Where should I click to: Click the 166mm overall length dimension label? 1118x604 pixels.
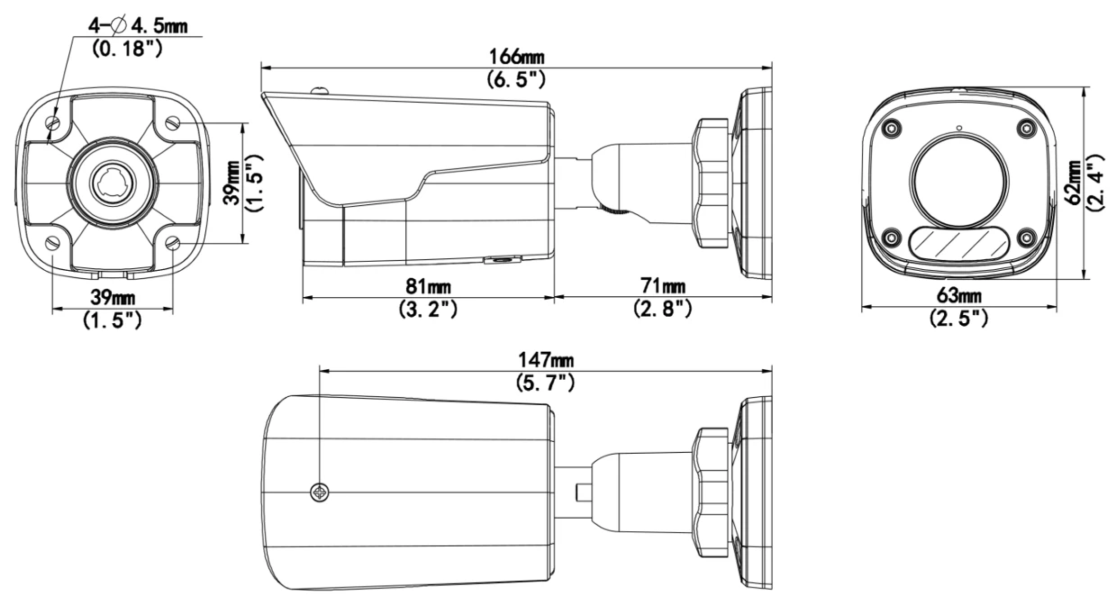pyautogui.click(x=516, y=57)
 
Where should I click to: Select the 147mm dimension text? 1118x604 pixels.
pyautogui.click(x=546, y=360)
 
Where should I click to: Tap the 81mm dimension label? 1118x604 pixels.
pyautogui.click(x=428, y=286)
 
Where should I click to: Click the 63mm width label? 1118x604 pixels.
pyautogui.click(x=959, y=295)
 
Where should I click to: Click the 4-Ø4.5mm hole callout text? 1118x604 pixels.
pyautogui.click(x=138, y=25)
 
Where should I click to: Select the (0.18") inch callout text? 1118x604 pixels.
pyautogui.click(x=127, y=49)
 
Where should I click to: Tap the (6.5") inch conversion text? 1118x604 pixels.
pyautogui.click(x=516, y=79)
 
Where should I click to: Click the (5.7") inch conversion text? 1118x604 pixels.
pyautogui.click(x=546, y=382)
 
